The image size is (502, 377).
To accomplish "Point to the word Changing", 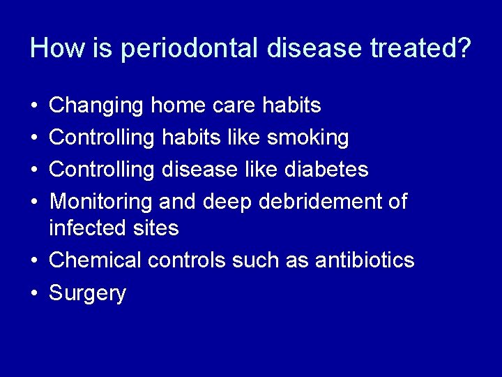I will click(96, 106).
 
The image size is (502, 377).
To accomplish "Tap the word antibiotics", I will click(365, 260).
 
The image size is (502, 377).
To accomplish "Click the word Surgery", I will click(87, 294).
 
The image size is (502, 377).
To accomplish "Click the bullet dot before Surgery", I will click(34, 293).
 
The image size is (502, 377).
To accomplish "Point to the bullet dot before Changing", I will click(34, 106).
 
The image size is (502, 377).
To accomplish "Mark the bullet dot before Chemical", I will click(34, 260).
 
